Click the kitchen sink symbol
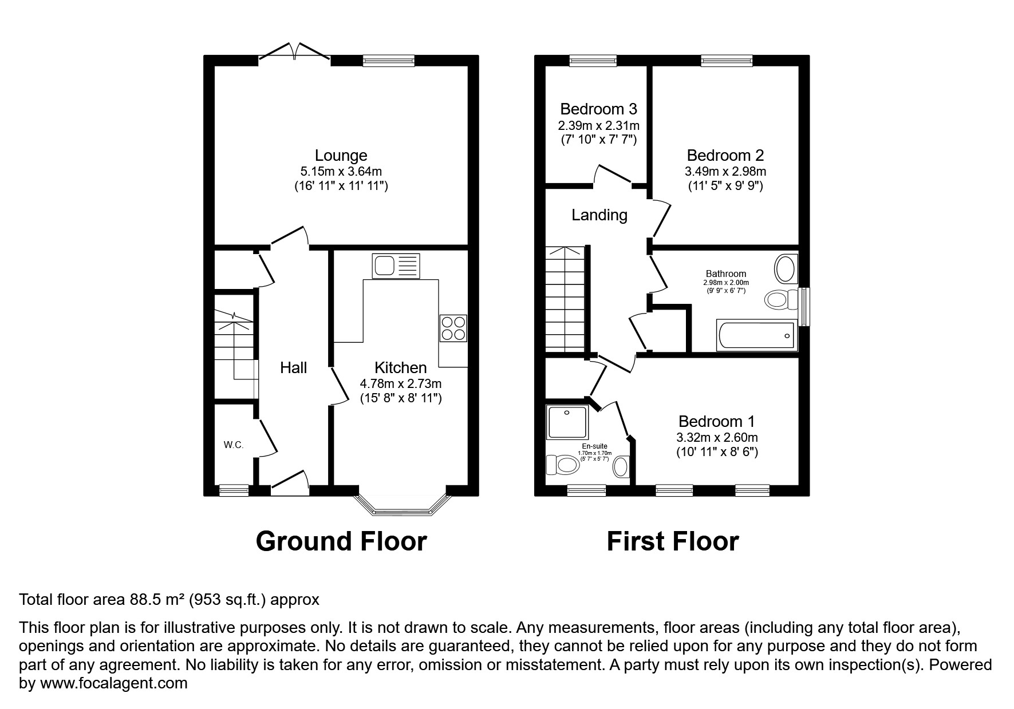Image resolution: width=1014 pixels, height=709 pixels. (396, 266)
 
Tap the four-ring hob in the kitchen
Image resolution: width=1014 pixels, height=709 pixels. (453, 328)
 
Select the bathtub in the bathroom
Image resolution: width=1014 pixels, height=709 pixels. (756, 335)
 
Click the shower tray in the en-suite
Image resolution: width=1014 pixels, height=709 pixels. (567, 422)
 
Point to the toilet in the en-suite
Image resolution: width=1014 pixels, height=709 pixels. (562, 465)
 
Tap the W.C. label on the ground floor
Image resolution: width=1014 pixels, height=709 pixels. (234, 445)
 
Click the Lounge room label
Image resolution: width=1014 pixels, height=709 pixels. (341, 155)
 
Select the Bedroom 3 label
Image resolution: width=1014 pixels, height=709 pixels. (598, 109)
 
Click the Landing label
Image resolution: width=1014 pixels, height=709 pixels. (599, 215)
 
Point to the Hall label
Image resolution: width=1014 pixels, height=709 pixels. (293, 367)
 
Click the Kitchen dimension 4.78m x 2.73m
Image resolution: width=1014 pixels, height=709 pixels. (401, 383)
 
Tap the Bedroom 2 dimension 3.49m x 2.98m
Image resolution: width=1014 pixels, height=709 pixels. (725, 171)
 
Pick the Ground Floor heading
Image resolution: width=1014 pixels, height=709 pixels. (341, 541)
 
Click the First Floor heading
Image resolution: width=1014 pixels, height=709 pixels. (673, 541)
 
